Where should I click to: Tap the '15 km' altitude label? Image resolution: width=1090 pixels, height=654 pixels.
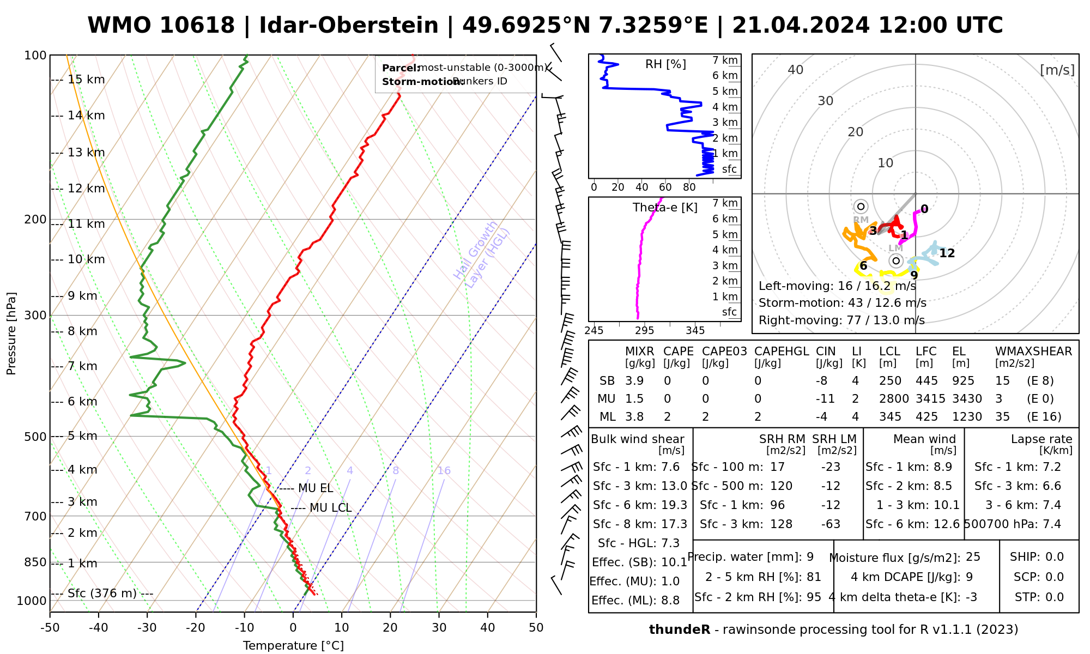point(86,80)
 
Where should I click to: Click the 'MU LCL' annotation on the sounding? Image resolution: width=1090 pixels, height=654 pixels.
point(330,508)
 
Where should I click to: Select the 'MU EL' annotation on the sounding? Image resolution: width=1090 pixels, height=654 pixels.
point(316,488)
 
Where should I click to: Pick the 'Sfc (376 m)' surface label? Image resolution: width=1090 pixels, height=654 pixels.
point(102,594)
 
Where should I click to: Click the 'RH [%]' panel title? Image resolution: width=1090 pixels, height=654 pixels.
point(665,64)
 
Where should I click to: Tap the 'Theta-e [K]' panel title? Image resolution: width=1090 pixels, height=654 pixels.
point(665,208)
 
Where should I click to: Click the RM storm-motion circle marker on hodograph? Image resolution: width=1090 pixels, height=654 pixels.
point(861,207)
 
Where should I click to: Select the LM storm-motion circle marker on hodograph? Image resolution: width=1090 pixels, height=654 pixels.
point(895,261)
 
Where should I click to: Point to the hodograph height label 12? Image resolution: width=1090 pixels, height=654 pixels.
point(947,253)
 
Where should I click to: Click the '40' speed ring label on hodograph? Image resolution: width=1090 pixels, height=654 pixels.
point(796,70)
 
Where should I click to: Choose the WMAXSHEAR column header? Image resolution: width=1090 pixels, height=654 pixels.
point(1033,352)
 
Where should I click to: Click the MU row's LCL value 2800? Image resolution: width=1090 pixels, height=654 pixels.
point(894,399)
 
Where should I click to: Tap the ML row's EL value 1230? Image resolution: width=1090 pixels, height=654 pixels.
point(967,417)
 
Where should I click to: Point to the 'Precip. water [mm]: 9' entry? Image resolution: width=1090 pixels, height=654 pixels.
point(750,557)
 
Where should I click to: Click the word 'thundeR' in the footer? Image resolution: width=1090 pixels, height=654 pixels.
point(680,630)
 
